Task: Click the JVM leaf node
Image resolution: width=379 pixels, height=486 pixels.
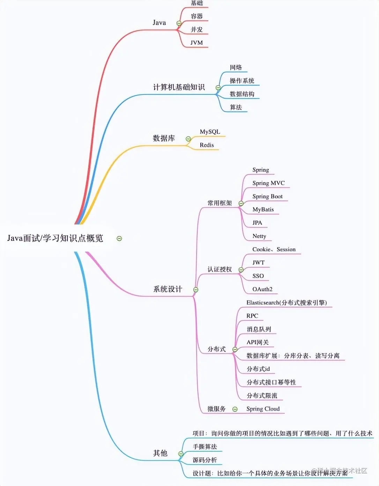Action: pos(196,43)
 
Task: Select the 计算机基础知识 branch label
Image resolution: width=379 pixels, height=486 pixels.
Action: pos(179,87)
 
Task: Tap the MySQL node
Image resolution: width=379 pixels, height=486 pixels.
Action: pos(210,132)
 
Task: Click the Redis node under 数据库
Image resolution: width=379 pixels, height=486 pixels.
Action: pos(207,145)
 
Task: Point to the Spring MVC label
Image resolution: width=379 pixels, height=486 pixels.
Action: pos(268,183)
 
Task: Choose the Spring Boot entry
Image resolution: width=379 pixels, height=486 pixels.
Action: pos(267,196)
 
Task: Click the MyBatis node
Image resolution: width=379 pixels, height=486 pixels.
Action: pos(263,209)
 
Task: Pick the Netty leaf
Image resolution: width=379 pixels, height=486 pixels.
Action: pos(259,236)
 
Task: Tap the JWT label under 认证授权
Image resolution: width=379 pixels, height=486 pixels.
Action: pos(258,263)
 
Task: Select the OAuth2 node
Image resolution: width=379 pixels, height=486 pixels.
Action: pos(262,289)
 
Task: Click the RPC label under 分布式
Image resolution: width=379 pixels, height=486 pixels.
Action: pos(252,316)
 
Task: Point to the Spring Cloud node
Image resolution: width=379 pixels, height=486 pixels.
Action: pos(263,409)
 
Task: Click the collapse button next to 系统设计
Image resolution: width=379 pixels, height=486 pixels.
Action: pos(196,290)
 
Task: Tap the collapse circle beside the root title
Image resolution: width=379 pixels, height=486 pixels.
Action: pos(119,238)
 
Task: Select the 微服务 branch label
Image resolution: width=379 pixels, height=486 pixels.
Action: pos(216,409)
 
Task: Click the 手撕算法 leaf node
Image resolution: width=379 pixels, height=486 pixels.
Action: pos(205,447)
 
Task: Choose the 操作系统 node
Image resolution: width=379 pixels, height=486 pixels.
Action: pos(241,81)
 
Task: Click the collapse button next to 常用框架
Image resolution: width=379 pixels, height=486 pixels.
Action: pos(241,203)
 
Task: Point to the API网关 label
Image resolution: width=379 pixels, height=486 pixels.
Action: pos(257,342)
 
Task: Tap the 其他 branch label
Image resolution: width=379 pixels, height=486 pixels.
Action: pos(160,453)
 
